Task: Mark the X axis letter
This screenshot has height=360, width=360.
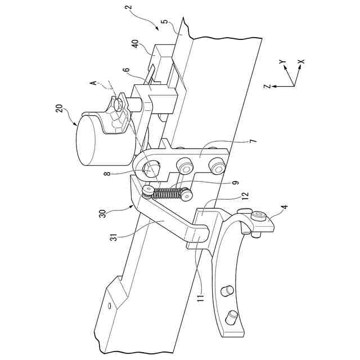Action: (x=301, y=62)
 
